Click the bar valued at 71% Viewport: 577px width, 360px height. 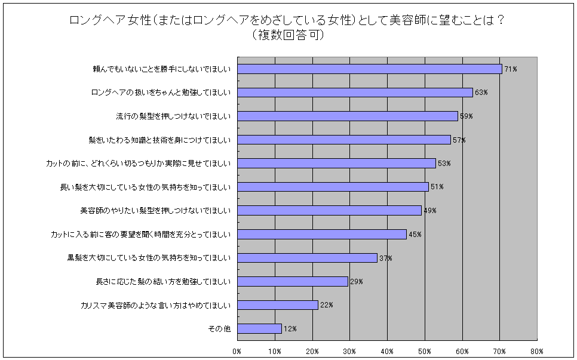[369, 69]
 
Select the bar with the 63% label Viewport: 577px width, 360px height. [355, 93]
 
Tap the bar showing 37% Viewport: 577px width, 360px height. [307, 258]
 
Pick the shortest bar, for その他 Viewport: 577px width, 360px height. [259, 328]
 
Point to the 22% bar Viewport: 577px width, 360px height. [277, 305]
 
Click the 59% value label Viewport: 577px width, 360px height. [466, 116]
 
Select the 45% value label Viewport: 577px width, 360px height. [415, 235]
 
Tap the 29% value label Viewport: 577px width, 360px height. [357, 282]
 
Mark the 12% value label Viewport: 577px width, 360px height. [290, 329]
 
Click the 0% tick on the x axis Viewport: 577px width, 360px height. [237, 351]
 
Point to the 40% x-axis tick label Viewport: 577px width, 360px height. [387, 351]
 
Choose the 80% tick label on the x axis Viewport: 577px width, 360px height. [537, 351]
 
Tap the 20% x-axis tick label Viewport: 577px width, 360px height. [312, 351]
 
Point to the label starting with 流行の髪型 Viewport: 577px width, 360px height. [173, 116]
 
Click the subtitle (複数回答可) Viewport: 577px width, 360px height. [288, 35]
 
